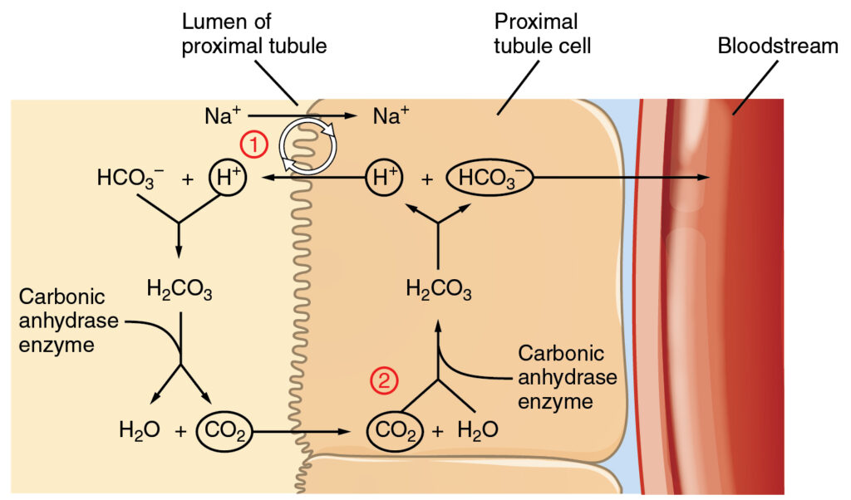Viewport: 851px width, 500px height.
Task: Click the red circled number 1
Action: click(254, 144)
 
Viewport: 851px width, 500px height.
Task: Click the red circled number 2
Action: click(383, 380)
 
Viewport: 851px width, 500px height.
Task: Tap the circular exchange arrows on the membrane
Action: click(308, 146)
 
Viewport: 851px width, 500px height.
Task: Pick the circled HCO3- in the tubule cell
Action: click(489, 178)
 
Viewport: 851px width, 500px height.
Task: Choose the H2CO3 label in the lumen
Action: click(179, 290)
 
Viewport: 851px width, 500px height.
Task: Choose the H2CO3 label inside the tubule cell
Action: click(439, 290)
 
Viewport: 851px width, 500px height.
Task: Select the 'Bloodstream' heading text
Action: click(778, 46)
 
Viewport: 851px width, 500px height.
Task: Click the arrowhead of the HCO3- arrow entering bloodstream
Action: click(703, 178)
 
